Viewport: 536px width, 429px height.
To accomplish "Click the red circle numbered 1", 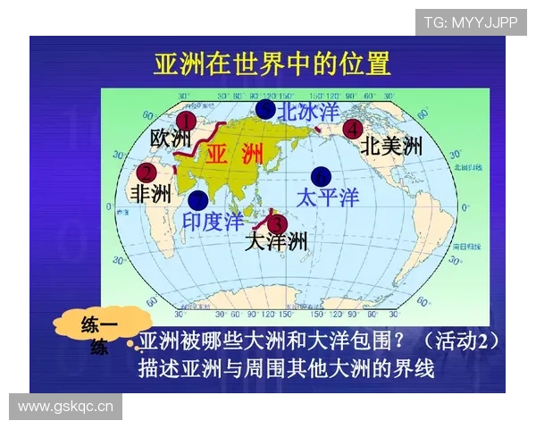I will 186,121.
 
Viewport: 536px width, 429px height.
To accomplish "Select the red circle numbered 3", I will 277,222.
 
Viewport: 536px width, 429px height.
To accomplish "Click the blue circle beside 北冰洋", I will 265,110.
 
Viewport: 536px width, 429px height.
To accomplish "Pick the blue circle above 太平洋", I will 321,176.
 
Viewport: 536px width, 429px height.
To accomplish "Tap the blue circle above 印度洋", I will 197,199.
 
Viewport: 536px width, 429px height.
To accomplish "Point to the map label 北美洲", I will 391,147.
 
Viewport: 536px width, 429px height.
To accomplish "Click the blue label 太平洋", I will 327,197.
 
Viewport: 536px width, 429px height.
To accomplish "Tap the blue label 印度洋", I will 213,221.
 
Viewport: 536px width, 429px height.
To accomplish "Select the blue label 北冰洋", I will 308,112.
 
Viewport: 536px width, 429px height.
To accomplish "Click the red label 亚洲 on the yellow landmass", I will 235,153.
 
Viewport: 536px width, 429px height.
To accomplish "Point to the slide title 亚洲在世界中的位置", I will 272,64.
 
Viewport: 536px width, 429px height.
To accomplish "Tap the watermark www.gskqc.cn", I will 66,408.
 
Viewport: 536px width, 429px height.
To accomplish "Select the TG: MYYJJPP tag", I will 470,22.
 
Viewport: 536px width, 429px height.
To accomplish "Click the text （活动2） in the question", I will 456,341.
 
